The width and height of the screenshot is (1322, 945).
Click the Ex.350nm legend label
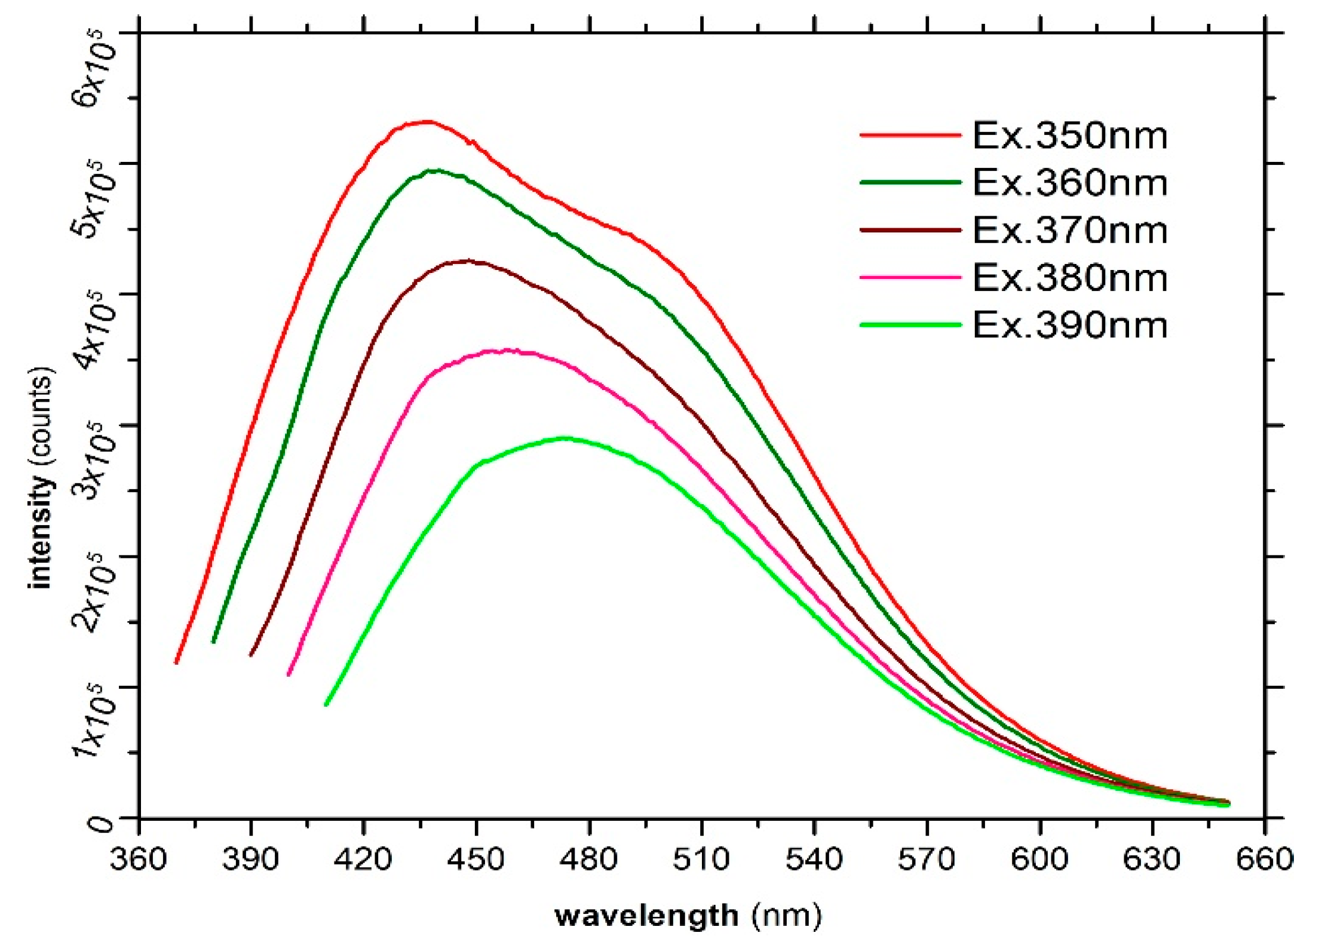(1069, 136)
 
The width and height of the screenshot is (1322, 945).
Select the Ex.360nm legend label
(1069, 183)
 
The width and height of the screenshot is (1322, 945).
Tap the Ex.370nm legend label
(1069, 231)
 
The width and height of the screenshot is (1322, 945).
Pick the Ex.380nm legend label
(1069, 278)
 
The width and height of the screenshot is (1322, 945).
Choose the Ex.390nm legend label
(1069, 326)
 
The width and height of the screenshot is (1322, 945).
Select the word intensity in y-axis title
(41, 532)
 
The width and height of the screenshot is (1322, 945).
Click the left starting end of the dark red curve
(251, 655)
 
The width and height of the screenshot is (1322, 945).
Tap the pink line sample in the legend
(910, 278)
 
